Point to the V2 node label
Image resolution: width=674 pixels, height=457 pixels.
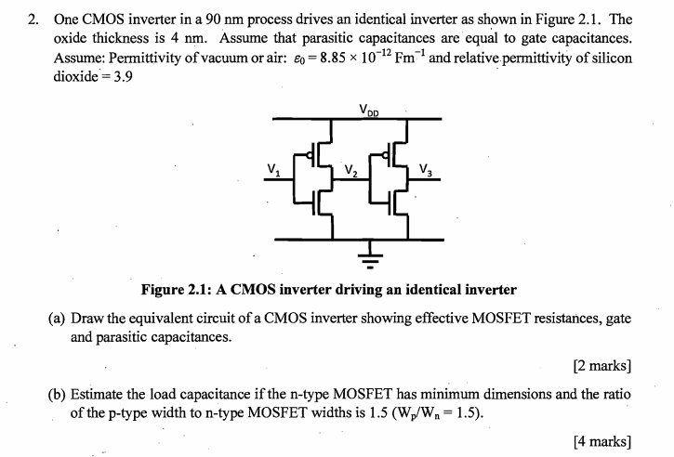click(x=350, y=170)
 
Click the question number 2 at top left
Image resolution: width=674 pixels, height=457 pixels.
click(x=34, y=19)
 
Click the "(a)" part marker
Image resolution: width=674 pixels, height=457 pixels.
click(x=57, y=319)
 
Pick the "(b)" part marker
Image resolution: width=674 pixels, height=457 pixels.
click(x=57, y=394)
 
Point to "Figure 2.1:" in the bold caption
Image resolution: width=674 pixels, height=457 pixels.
click(x=177, y=289)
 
